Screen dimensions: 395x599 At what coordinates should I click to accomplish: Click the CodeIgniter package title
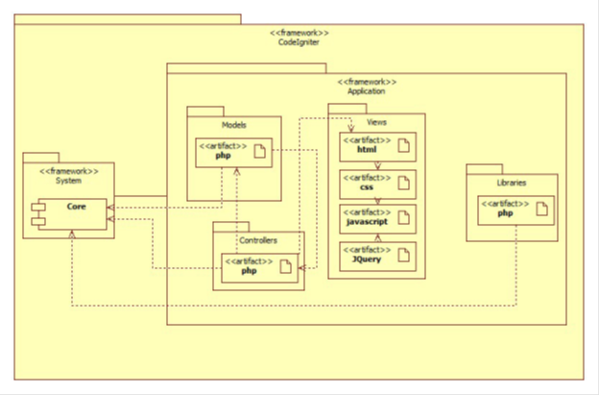(299, 41)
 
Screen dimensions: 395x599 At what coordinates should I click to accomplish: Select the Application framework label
(366, 91)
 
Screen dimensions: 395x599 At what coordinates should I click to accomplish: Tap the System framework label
(67, 180)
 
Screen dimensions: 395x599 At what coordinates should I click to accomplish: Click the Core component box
(72, 207)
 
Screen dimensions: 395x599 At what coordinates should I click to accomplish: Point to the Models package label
(234, 125)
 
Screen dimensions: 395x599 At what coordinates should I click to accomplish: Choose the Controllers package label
(257, 240)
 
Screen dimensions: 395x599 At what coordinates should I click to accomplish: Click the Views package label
(377, 122)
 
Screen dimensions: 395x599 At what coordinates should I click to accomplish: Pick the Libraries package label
(511, 182)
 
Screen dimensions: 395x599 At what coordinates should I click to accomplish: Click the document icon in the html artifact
(404, 146)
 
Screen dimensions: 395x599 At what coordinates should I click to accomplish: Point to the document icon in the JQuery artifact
(404, 255)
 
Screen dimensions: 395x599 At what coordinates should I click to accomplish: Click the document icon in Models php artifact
(260, 152)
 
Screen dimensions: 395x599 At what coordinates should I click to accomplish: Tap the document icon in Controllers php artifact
(286, 267)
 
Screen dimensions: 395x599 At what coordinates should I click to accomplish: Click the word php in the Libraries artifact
(505, 213)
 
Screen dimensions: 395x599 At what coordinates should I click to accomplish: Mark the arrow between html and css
(377, 164)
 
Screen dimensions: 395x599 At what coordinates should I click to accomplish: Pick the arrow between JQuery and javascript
(377, 236)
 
